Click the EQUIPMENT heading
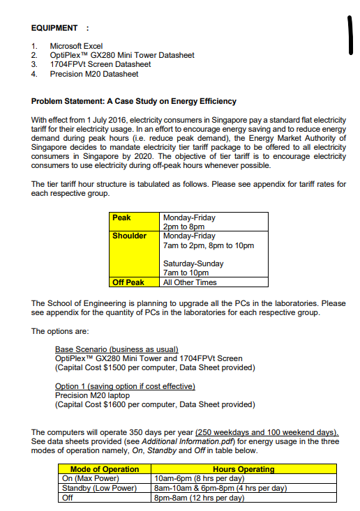point(54,28)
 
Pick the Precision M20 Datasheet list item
point(94,73)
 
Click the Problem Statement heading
point(134,102)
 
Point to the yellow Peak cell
point(122,218)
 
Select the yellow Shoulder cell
point(130,236)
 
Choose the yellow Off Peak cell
point(128,282)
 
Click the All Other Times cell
point(190,282)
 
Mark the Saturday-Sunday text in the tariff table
point(193,264)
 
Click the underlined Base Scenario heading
point(117,349)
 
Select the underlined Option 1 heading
point(125,386)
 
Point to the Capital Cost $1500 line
point(155,367)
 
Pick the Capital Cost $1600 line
point(155,404)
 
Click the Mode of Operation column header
point(105,469)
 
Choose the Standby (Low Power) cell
point(99,488)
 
